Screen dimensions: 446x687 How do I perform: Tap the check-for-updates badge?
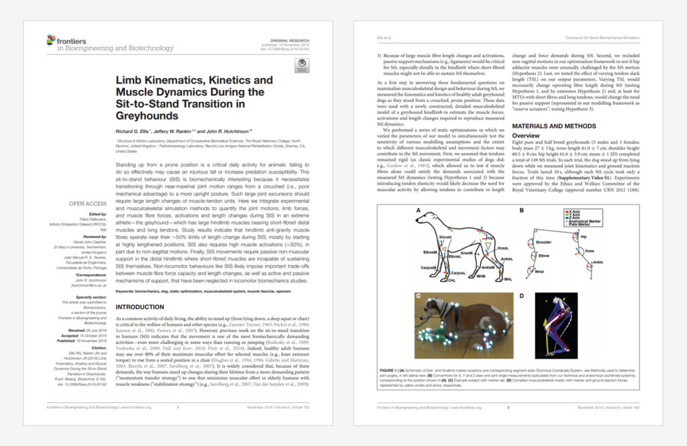coord(301,66)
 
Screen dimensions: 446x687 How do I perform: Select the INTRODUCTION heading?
coord(143,306)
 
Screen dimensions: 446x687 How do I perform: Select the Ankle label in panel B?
coord(598,262)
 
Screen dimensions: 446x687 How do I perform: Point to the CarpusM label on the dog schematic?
coord(429,266)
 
